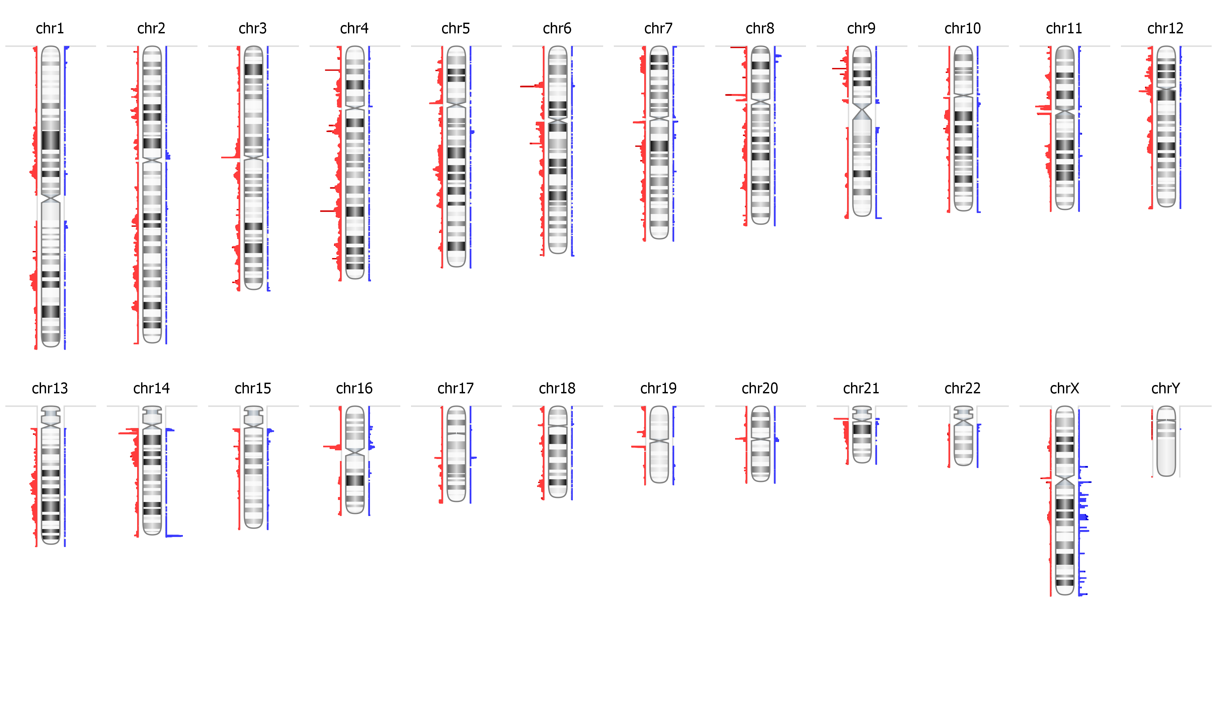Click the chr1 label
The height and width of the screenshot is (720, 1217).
point(50,29)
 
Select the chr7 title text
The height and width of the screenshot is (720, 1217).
point(658,29)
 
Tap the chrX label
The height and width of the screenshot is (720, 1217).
point(1064,389)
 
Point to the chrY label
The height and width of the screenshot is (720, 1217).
point(1166,389)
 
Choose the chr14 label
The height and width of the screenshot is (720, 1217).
point(151,389)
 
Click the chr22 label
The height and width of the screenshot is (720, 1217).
point(963,389)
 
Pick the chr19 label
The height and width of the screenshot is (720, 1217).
point(658,389)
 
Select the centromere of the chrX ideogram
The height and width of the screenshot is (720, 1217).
point(1065,482)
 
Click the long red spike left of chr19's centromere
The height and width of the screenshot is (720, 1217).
point(638,446)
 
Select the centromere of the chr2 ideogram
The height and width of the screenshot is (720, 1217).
point(152,160)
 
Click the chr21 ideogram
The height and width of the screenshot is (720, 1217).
point(862,437)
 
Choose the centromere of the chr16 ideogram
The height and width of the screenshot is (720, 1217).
point(355,451)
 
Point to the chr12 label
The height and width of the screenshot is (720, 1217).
point(1165,29)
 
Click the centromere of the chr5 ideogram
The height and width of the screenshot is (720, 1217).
point(456,104)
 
